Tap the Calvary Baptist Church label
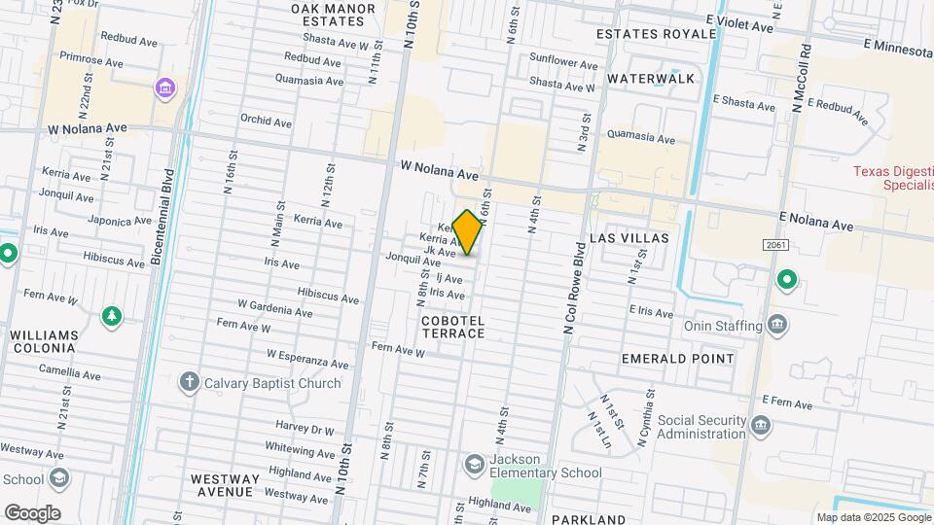[x=272, y=383]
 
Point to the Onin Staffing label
[x=724, y=326]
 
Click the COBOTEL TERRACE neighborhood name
[x=453, y=327]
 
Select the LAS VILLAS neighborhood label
[x=629, y=238]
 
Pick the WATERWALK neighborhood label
[x=651, y=78]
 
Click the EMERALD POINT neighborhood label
[x=678, y=359]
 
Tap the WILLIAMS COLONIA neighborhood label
[x=44, y=342]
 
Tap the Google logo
[x=32, y=512]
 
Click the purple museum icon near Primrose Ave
[x=165, y=89]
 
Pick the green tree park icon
[x=113, y=316]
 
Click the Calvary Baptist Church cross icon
[x=190, y=383]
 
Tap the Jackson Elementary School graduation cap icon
[x=475, y=464]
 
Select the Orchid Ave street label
[x=267, y=122]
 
